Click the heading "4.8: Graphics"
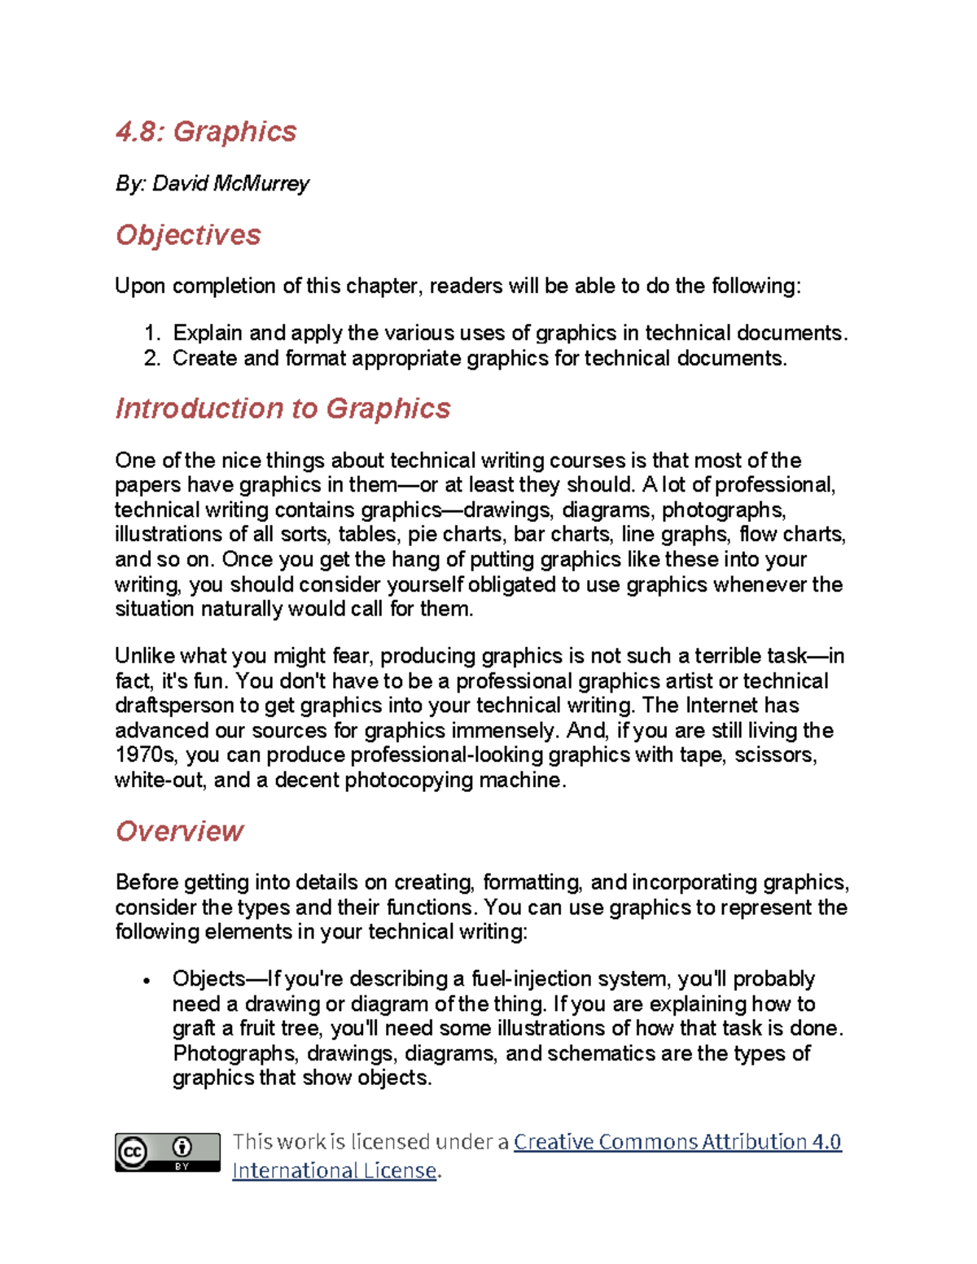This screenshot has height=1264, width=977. (206, 132)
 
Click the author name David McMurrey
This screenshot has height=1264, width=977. (230, 184)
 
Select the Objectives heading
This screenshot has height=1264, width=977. (188, 235)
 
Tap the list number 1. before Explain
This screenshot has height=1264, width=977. (152, 333)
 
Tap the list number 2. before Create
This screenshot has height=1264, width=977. (152, 358)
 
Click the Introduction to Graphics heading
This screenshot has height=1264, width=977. (283, 409)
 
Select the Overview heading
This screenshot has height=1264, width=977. (179, 831)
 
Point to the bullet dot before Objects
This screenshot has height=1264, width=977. (147, 981)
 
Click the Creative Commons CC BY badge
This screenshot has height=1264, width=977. (167, 1152)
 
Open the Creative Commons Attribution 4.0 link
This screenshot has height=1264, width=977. (677, 1142)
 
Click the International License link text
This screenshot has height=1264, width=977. (335, 1170)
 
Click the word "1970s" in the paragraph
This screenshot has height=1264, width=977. (146, 755)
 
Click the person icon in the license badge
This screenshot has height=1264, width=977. (182, 1148)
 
